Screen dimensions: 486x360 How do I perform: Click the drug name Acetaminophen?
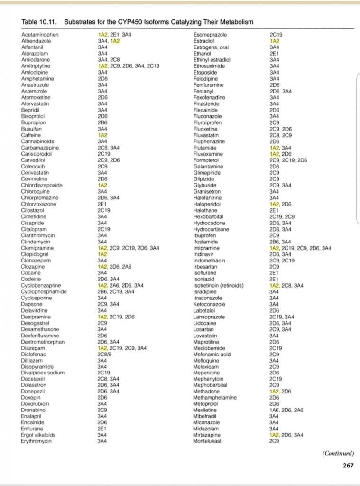click(40, 35)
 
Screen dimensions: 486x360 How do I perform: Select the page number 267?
click(348, 466)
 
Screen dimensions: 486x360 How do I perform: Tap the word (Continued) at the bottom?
click(338, 453)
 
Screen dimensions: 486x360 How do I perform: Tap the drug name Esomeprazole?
click(210, 35)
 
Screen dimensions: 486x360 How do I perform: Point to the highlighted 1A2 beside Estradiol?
click(274, 41)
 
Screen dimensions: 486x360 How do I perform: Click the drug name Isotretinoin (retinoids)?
click(219, 285)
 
